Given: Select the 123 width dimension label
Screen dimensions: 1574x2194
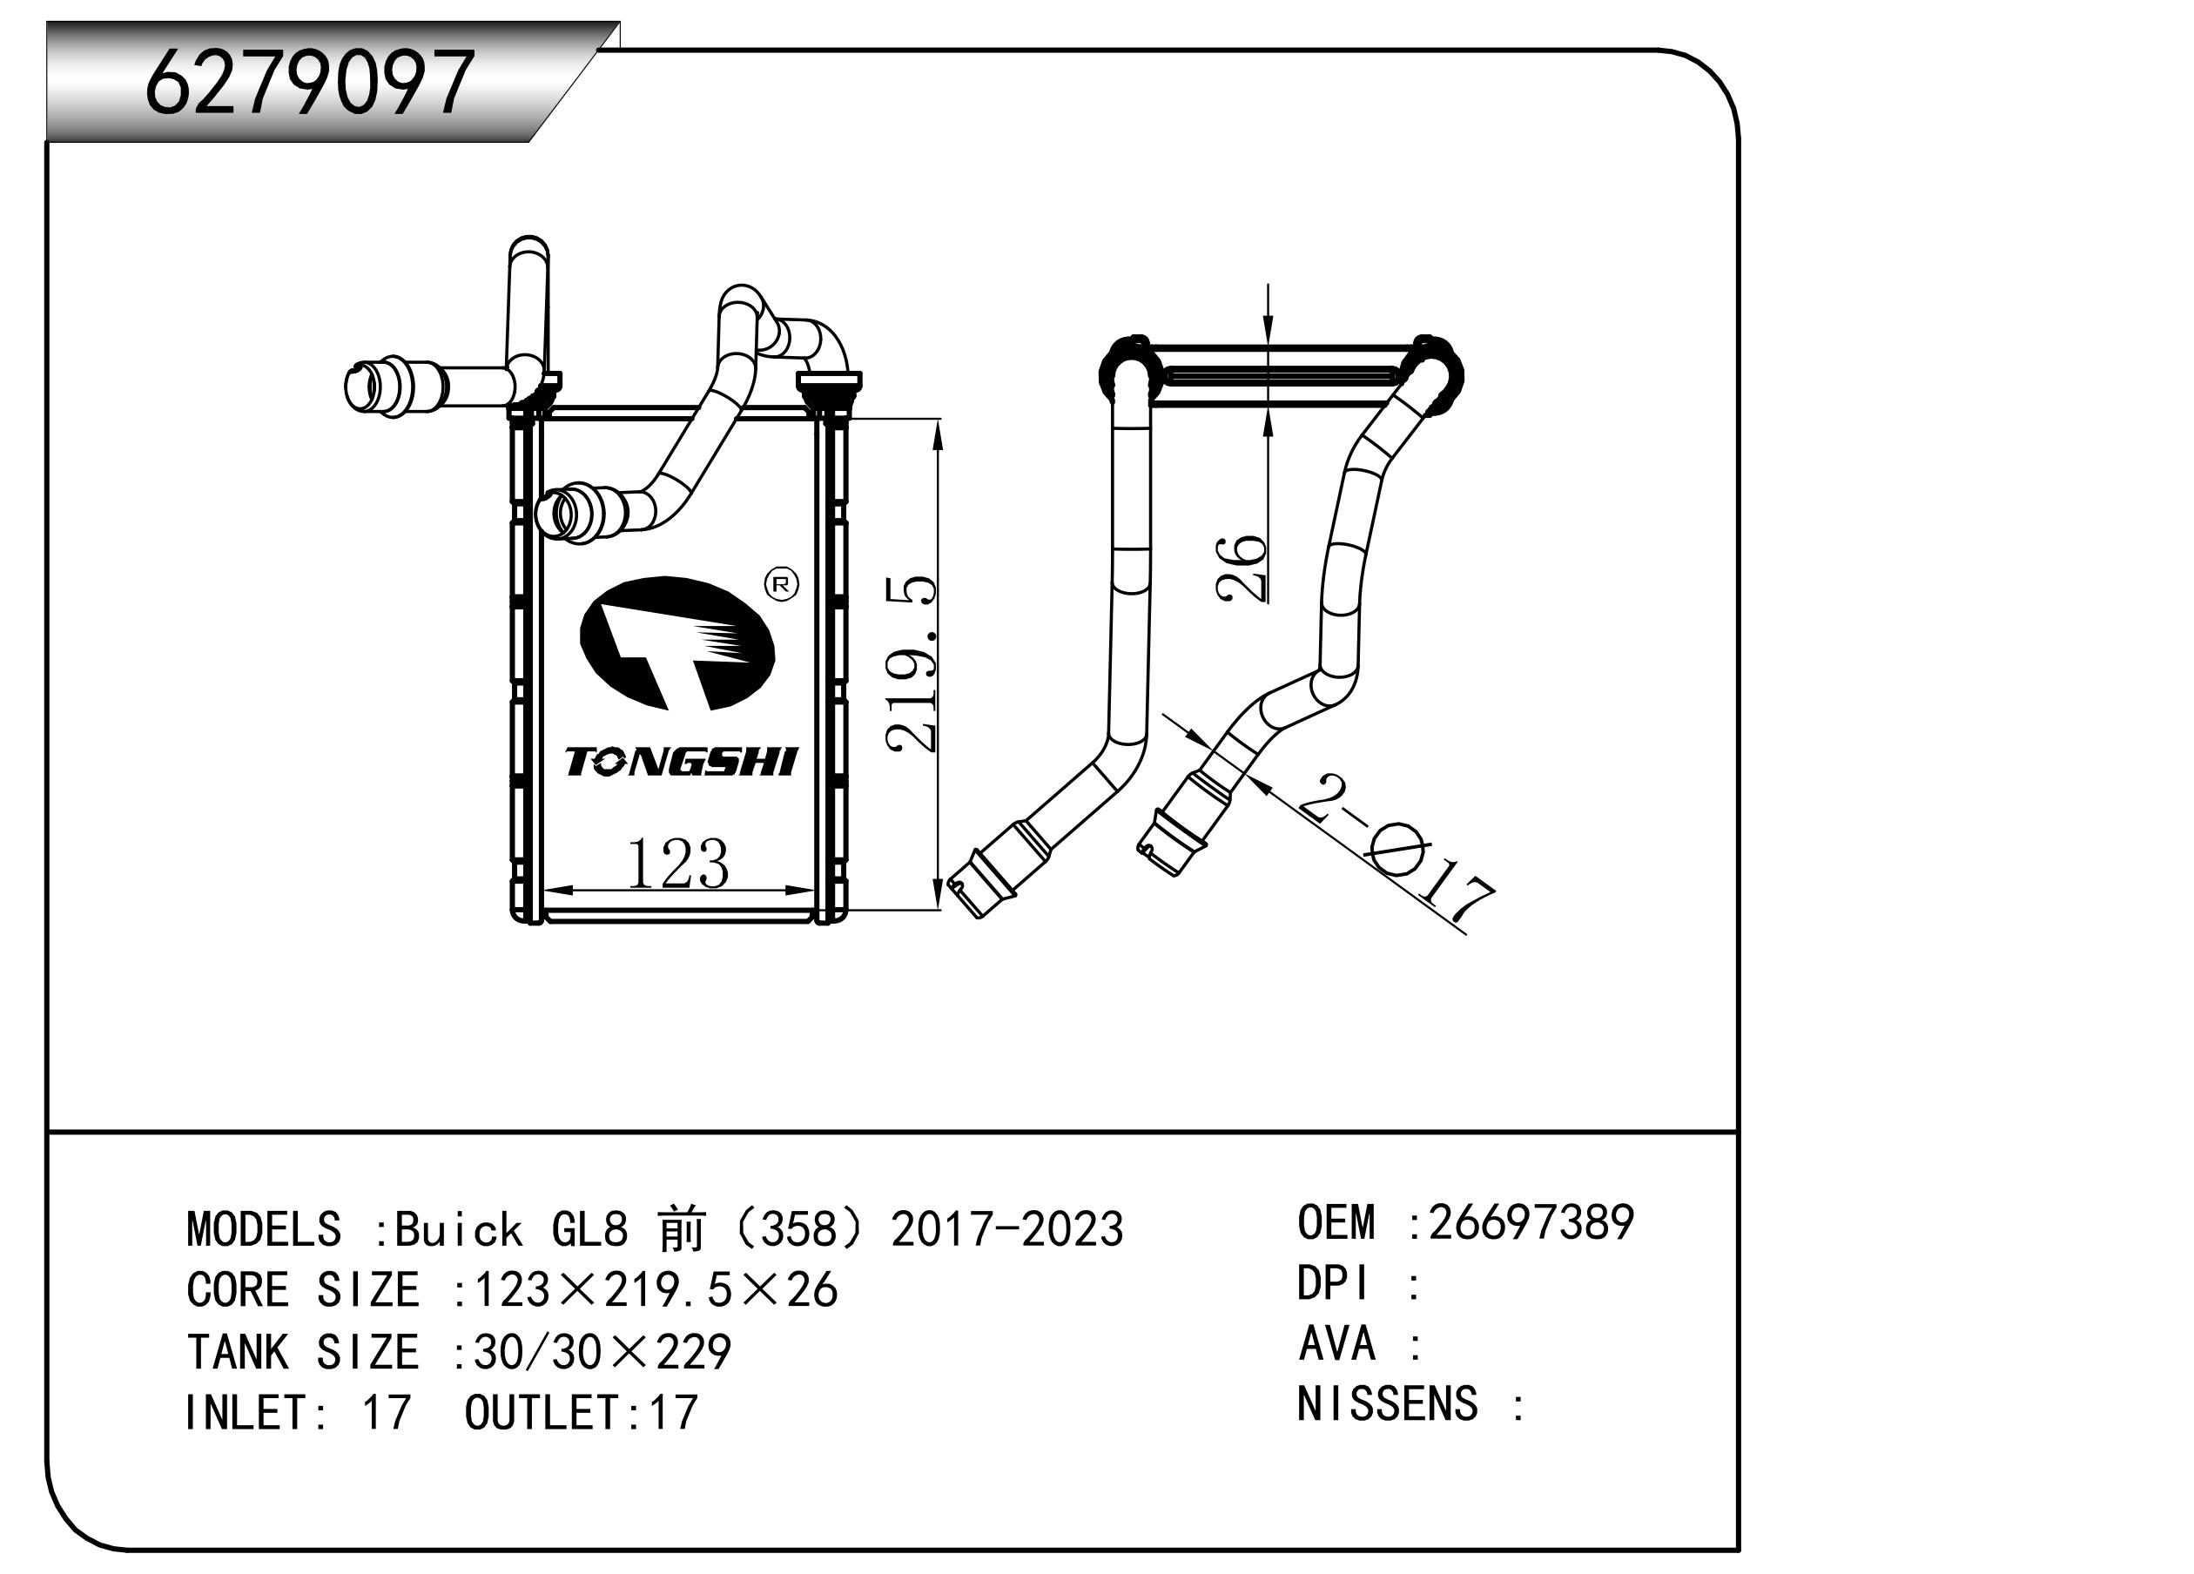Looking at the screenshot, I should pos(677,863).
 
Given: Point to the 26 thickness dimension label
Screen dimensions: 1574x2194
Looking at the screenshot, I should pos(1242,568).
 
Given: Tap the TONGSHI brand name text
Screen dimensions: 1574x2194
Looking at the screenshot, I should pos(680,763).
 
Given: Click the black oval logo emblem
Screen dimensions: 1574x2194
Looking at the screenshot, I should pos(677,643).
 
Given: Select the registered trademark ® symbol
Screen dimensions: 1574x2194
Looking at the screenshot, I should pos(782,583).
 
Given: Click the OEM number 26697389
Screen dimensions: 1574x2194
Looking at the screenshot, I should pos(1531,1222).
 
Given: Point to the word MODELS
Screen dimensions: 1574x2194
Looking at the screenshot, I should pos(263,1228).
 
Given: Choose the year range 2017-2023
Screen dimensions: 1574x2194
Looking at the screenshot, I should pos(1007,1228).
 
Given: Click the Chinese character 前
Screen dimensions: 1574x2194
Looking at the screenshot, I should pos(682,1228).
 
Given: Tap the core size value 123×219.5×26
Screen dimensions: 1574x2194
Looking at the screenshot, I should pos(656,1289).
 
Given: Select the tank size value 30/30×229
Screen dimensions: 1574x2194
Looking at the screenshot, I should pos(602,1351).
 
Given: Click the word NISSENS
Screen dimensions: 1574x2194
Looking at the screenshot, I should pos(1387,1403).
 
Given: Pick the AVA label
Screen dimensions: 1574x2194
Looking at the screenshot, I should pos(1337,1344).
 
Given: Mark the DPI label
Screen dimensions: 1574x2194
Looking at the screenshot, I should pos(1333,1284).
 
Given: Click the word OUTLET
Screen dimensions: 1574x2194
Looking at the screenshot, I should pos(541,1412).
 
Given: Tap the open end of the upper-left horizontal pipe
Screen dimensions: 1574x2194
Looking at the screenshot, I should pos(360,386).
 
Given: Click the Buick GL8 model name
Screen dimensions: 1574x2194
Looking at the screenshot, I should pos(512,1228).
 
